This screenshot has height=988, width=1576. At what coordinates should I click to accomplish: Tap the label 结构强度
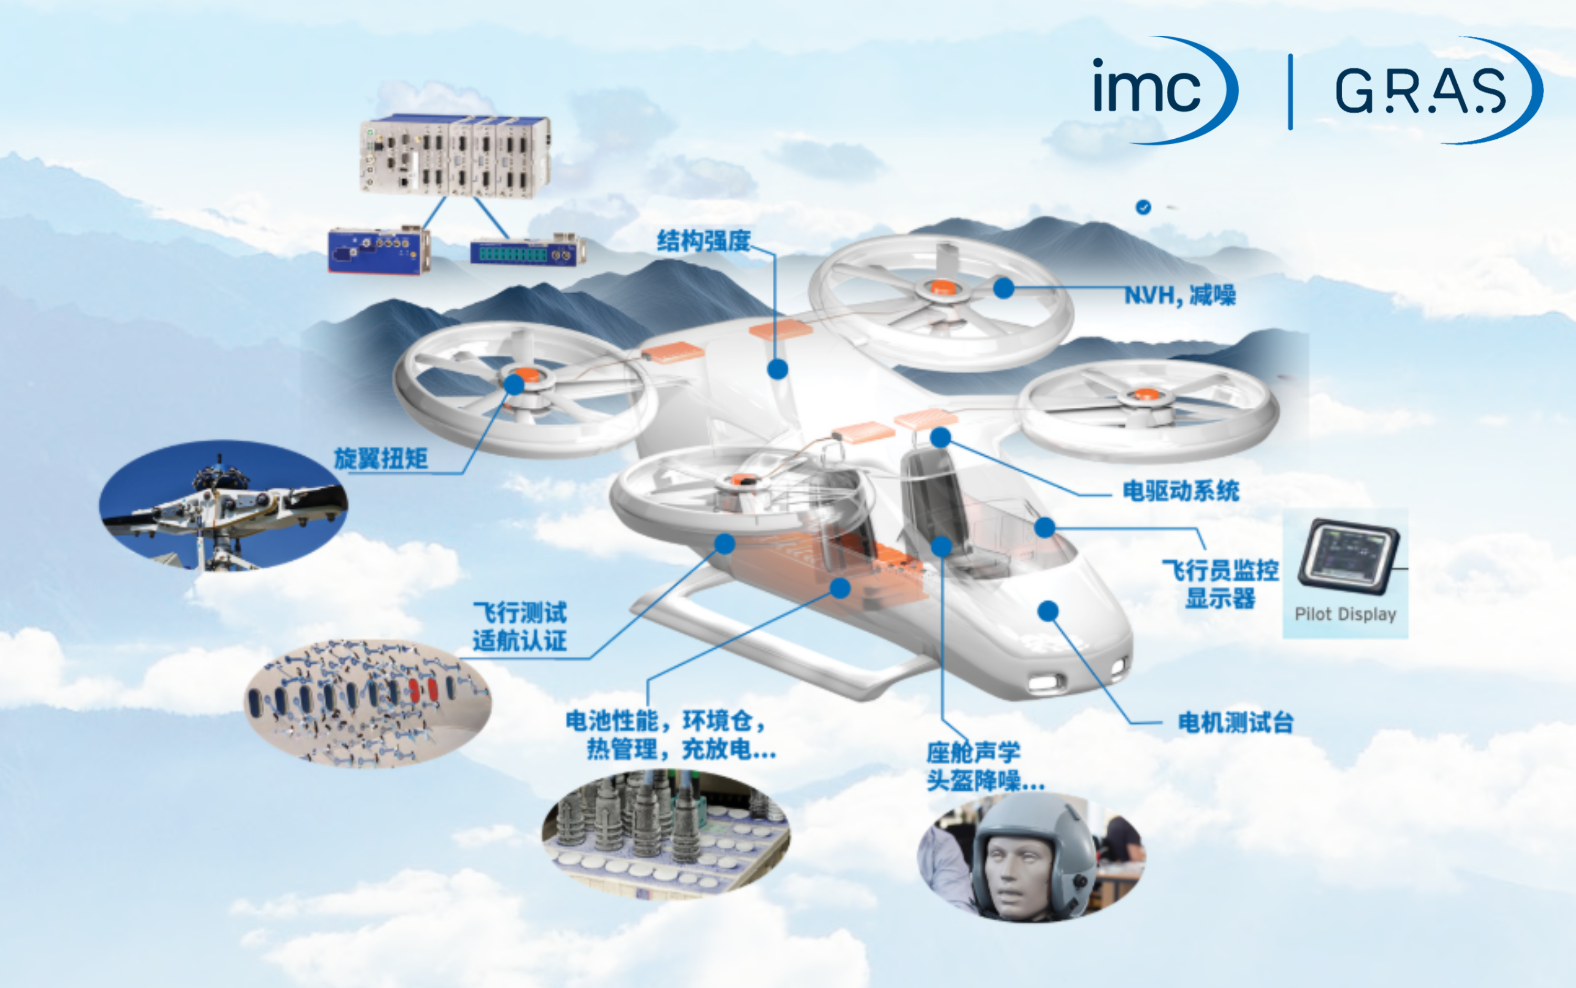tap(703, 241)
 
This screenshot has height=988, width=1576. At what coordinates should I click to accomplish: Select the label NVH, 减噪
tap(1179, 295)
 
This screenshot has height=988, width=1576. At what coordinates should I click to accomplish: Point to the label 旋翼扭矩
tap(381, 459)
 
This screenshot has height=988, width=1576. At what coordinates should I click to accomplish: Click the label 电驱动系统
tap(1181, 491)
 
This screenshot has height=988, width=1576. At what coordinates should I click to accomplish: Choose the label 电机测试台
tap(1236, 723)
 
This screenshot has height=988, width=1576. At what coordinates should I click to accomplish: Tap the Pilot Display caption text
tap(1345, 614)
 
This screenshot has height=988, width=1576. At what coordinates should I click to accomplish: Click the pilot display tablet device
tap(1348, 557)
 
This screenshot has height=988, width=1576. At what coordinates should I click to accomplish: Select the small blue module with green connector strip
tap(528, 251)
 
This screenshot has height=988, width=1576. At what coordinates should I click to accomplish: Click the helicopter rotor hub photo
tap(223, 505)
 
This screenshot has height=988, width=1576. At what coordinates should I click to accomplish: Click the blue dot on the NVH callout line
tap(1004, 287)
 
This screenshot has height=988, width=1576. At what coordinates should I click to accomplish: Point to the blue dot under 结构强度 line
tap(777, 369)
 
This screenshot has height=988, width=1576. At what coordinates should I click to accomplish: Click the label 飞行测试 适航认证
tap(520, 626)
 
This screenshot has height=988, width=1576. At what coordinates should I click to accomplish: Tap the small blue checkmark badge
tap(1144, 207)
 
